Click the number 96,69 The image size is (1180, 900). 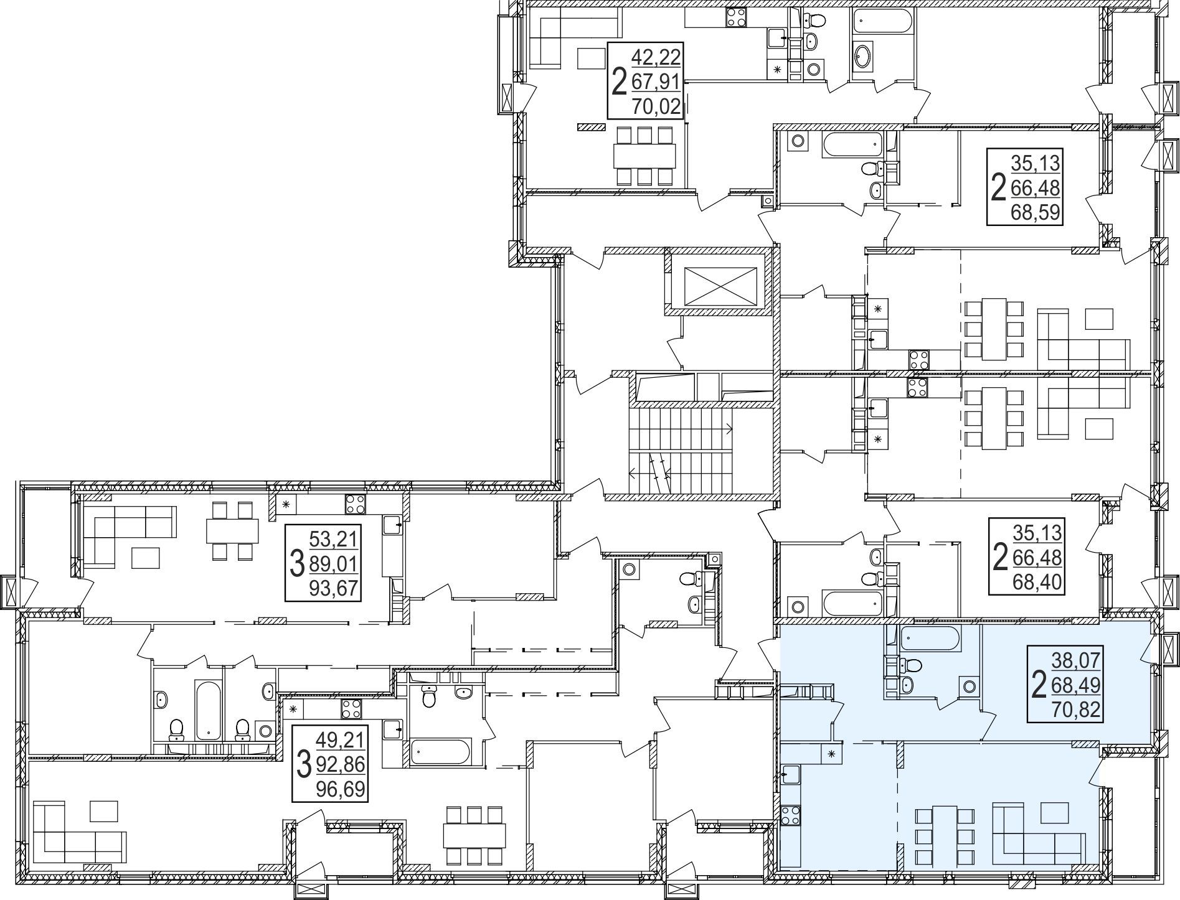pos(340,790)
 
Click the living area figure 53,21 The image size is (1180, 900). pos(335,538)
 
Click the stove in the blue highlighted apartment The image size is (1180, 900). pos(791,816)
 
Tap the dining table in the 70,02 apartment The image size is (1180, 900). pos(644,156)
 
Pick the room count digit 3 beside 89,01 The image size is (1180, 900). pos(296,565)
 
